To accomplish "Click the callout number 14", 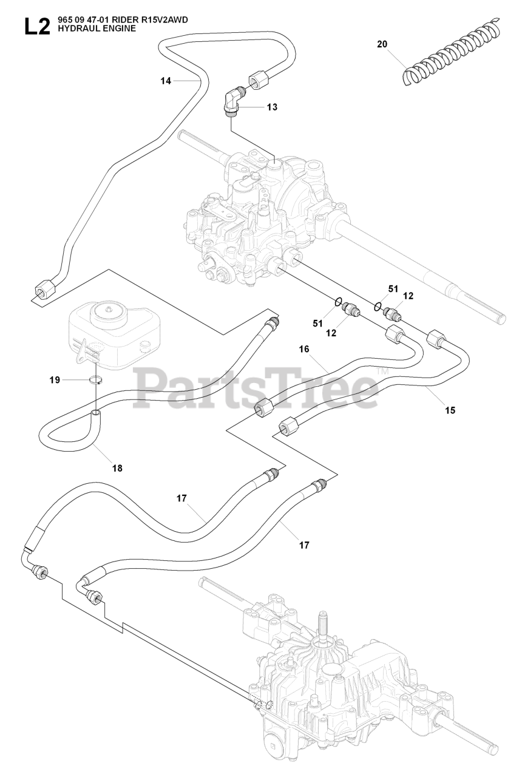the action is click(166, 81).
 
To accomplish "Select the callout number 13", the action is click(272, 107).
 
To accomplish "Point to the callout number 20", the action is click(381, 44).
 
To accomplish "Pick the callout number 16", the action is click(304, 349).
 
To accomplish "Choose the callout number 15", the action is click(450, 410).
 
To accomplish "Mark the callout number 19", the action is click(55, 380).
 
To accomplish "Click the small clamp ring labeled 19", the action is click(94, 381).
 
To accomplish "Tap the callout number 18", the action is click(117, 468).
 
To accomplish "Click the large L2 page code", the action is click(36, 28).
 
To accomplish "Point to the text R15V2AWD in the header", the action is click(164, 20).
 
